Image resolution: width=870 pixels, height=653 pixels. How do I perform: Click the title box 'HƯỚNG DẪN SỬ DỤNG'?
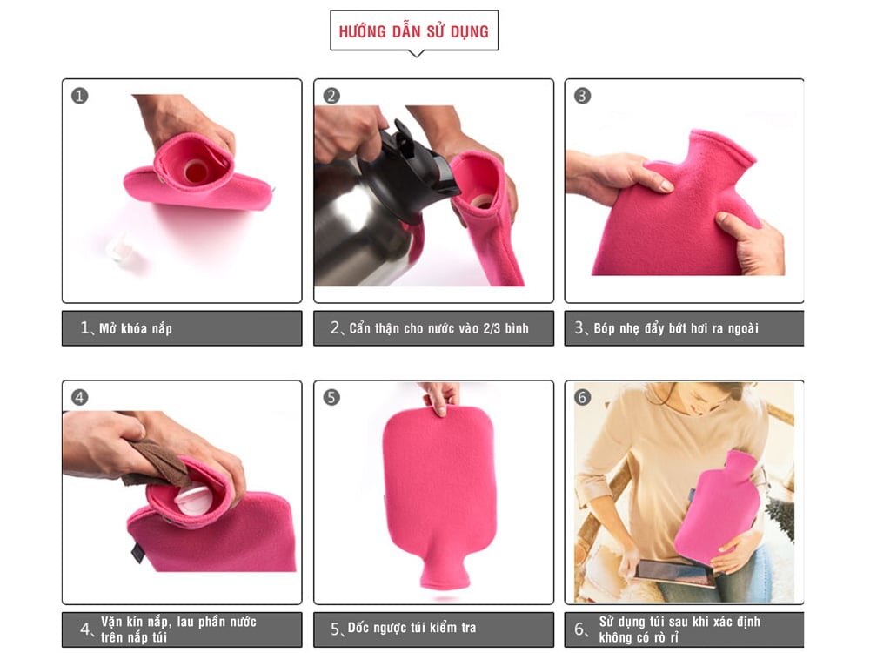pyautogui.click(x=414, y=31)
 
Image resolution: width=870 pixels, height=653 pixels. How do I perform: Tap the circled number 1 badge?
pyautogui.click(x=80, y=96)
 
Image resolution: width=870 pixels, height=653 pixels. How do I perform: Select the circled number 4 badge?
pyautogui.click(x=80, y=398)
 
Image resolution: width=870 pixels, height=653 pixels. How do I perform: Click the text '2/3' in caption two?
pyautogui.click(x=495, y=328)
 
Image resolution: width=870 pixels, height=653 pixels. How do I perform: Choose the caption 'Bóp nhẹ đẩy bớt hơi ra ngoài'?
pyautogui.click(x=676, y=328)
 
